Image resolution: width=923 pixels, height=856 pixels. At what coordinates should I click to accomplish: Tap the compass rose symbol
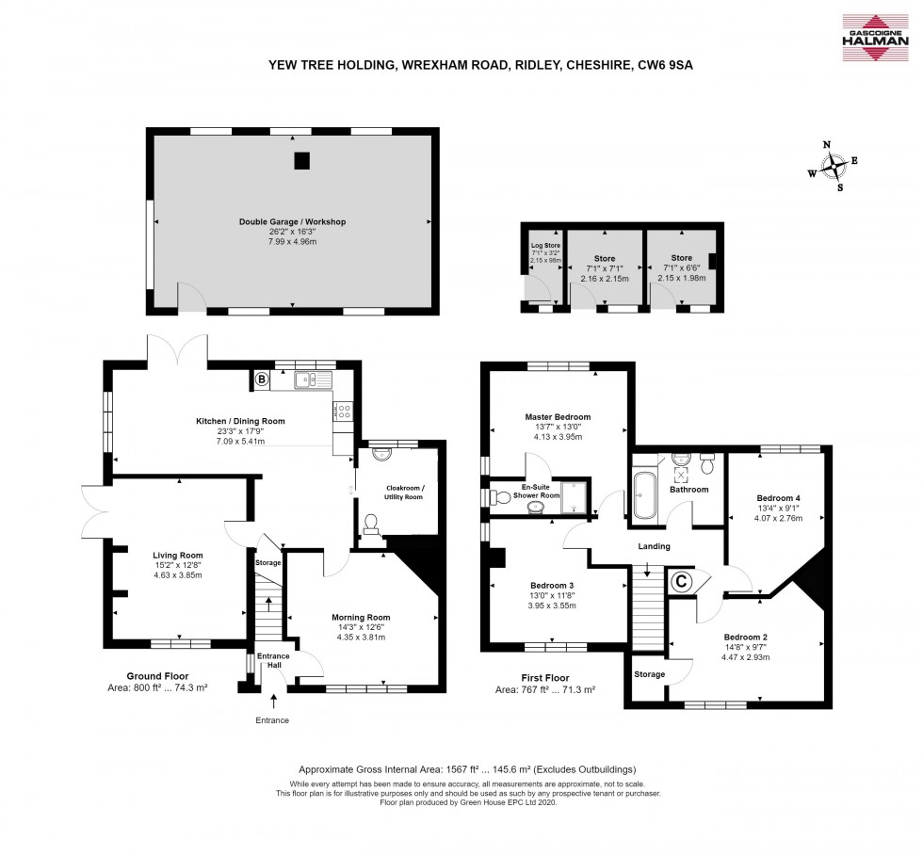(834, 167)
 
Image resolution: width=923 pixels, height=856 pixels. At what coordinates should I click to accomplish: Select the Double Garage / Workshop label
(292, 222)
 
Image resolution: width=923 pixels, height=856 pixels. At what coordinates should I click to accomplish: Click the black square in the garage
(301, 161)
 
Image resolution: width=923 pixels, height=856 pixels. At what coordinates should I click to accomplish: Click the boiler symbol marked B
(261, 380)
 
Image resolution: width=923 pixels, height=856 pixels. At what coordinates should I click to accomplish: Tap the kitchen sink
(312, 380)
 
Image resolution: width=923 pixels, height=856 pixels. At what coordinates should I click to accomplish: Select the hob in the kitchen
(344, 411)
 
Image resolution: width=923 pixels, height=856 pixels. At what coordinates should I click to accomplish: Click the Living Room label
(178, 555)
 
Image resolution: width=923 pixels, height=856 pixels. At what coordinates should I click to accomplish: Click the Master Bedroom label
(558, 416)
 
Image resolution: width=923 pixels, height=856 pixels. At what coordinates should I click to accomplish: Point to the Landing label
(654, 546)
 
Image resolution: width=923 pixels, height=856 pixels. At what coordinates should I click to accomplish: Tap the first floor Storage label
(649, 674)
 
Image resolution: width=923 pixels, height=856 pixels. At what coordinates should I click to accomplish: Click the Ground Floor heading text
(157, 675)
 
